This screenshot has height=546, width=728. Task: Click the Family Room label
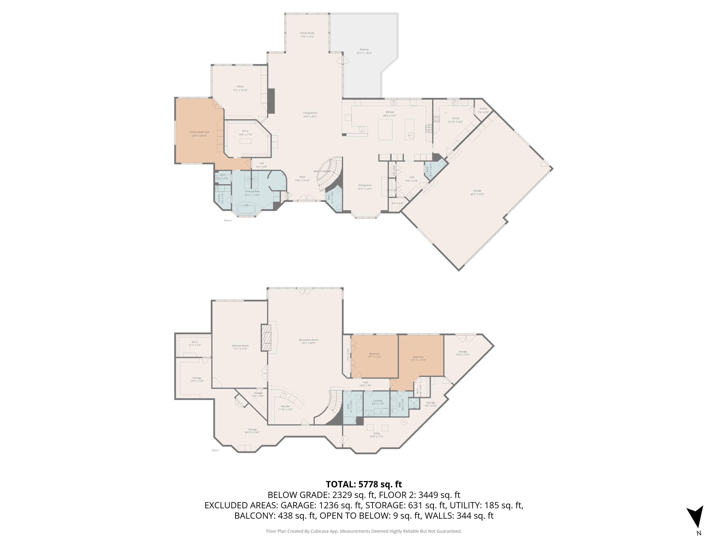(x=307, y=33)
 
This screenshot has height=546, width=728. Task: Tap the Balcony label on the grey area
(x=364, y=49)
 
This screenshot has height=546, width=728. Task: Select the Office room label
(x=240, y=87)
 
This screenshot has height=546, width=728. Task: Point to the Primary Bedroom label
(x=199, y=132)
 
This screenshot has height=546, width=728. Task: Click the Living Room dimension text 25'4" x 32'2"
(x=310, y=116)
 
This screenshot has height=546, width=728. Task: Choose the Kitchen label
(x=390, y=112)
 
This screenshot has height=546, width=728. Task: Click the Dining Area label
(x=365, y=185)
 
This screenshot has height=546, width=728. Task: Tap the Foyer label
(x=302, y=177)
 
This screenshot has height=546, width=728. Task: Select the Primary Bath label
(x=252, y=191)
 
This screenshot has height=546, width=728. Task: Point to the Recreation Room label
(x=308, y=340)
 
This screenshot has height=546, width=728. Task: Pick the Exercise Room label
(x=240, y=346)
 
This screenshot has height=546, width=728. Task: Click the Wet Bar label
(x=285, y=406)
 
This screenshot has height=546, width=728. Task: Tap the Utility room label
(x=377, y=433)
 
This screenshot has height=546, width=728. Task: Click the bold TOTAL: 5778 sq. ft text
(x=364, y=484)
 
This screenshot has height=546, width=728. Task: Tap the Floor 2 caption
(x=228, y=221)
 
